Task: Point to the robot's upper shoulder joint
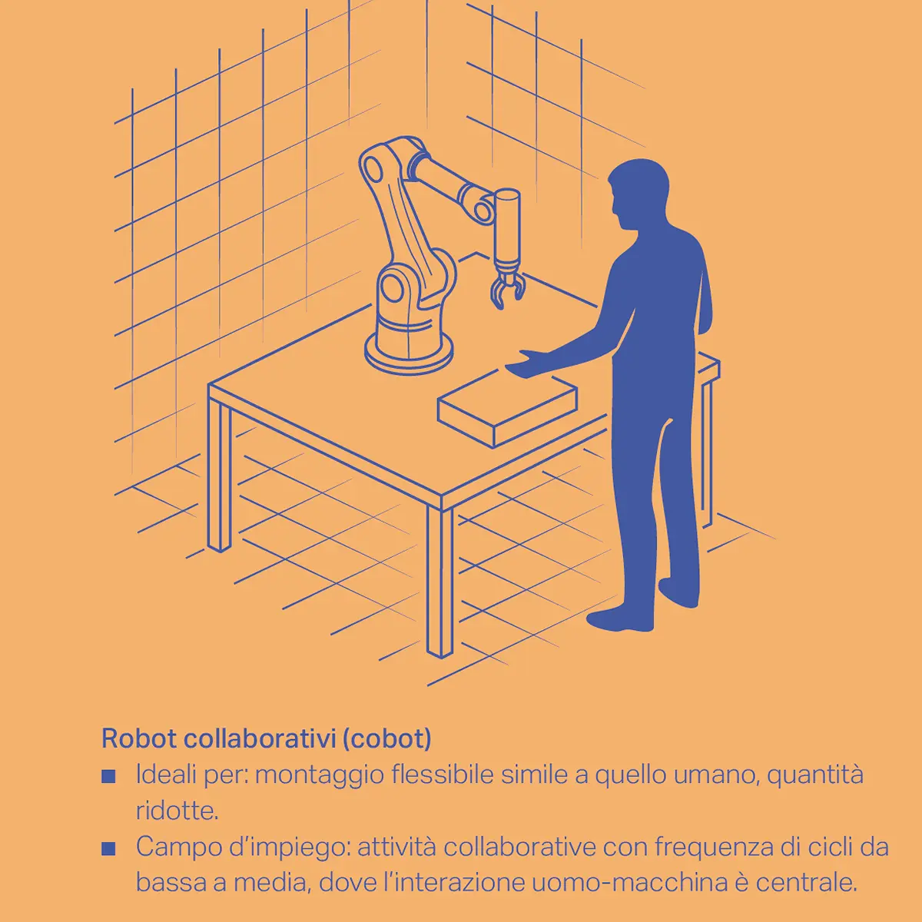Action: (x=374, y=167)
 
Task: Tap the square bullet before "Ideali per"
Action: (x=108, y=776)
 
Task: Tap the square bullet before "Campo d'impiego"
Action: (x=108, y=849)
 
